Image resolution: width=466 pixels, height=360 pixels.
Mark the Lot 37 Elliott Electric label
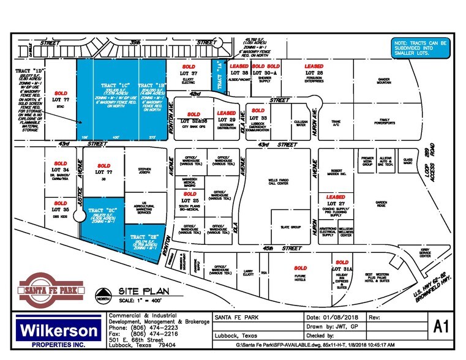pyautogui.click(x=189, y=76)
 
